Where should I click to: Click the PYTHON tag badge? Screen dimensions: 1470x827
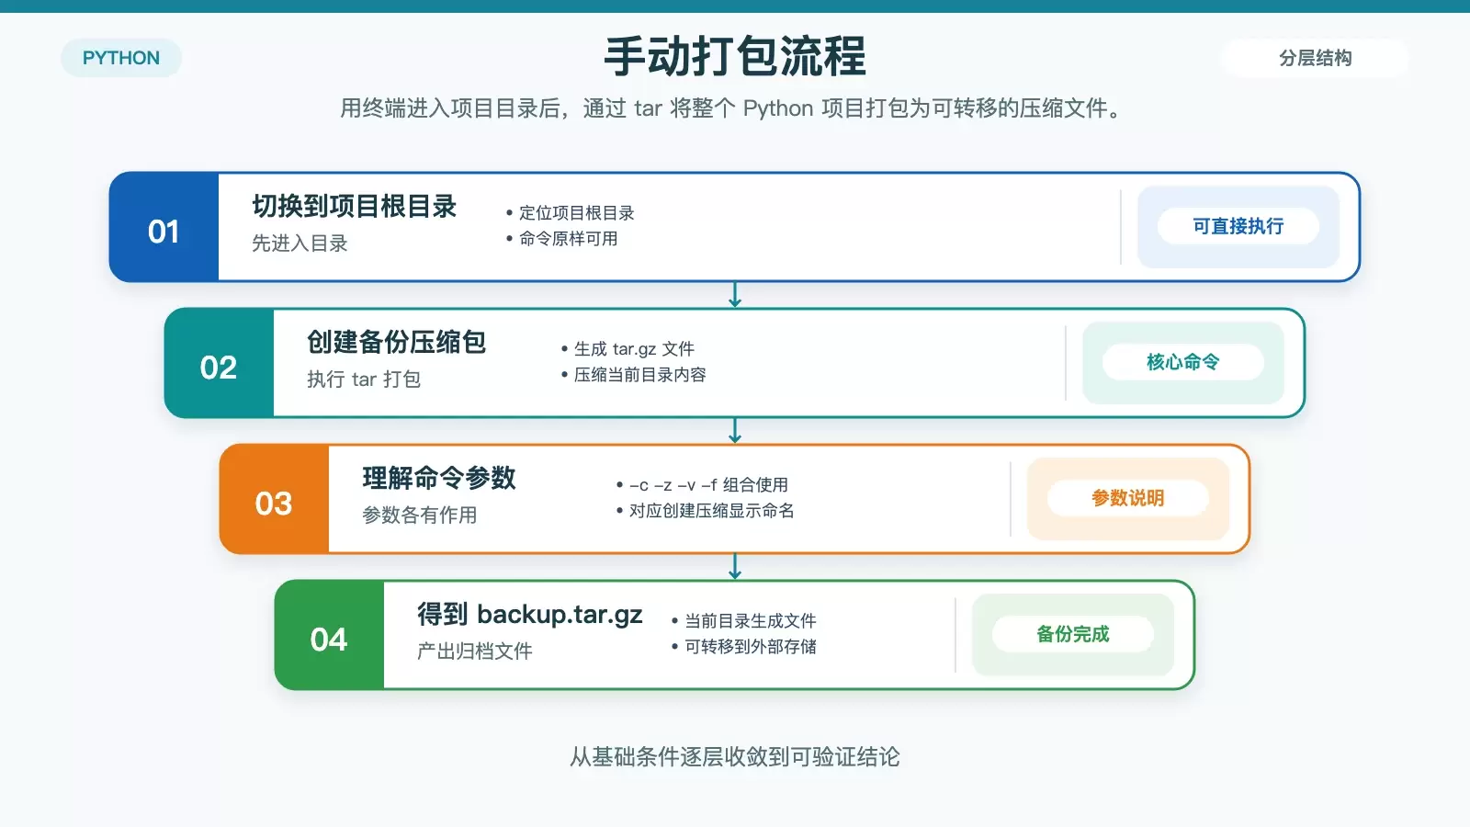[x=120, y=58]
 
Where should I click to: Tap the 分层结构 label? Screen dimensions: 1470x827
[x=1315, y=58]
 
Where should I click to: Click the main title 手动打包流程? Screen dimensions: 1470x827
[x=735, y=56]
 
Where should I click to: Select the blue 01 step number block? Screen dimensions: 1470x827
[x=164, y=227]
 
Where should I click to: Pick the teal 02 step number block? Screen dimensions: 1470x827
[x=220, y=363]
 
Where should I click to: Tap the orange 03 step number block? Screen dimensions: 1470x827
[x=275, y=499]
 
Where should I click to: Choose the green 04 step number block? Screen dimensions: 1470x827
[x=330, y=635]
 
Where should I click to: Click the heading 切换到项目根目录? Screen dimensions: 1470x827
[x=355, y=206]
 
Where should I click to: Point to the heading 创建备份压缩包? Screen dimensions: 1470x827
[x=396, y=342]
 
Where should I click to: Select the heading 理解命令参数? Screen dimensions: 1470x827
[x=439, y=478]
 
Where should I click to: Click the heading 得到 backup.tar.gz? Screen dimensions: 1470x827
[x=529, y=615]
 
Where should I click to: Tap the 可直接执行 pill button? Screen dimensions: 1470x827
[x=1238, y=226]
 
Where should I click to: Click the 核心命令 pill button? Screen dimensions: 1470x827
[x=1183, y=362]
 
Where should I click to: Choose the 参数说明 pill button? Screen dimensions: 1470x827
[x=1128, y=498]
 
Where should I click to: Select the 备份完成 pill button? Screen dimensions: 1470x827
[x=1073, y=634]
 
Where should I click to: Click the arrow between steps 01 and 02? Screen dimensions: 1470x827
[x=735, y=295]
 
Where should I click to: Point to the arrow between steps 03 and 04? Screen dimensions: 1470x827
[x=735, y=566]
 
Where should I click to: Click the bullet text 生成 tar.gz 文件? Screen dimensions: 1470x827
[x=634, y=348]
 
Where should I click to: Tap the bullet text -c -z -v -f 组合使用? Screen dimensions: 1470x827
[x=708, y=484]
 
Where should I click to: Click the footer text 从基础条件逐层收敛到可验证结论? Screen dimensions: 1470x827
[x=735, y=757]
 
